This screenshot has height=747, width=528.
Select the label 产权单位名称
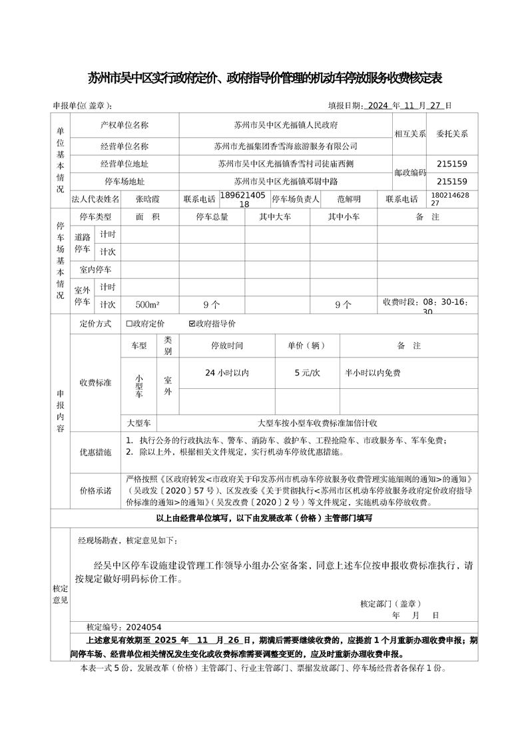(125, 125)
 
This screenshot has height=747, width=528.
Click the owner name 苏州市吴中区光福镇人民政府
(286, 125)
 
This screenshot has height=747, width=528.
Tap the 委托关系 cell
(452, 133)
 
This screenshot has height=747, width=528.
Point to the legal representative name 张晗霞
(148, 199)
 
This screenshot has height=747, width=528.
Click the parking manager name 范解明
(348, 199)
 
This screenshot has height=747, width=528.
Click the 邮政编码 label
(409, 172)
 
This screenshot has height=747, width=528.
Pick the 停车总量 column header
(212, 217)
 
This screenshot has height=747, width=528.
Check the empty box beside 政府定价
(129, 324)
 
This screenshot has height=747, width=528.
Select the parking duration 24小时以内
(227, 373)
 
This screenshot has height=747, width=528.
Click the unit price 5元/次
(307, 373)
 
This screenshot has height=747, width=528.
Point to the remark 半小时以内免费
(373, 373)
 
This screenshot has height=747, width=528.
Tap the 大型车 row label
(138, 423)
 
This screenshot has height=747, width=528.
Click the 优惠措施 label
(96, 452)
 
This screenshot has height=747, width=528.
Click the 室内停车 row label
(95, 270)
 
